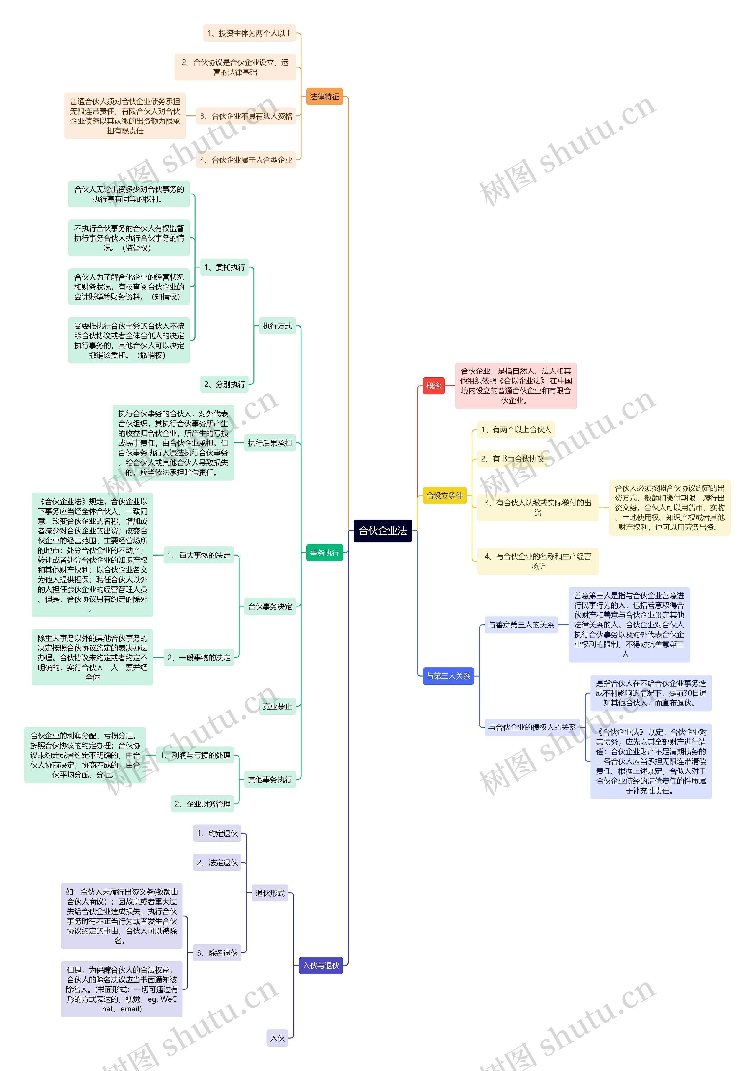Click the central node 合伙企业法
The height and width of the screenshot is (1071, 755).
(383, 531)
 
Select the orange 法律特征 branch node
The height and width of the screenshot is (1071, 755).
(324, 97)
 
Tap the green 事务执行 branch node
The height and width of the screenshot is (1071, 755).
(324, 553)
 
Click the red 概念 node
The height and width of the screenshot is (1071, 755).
(433, 385)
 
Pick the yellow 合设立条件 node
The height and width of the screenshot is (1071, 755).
(444, 495)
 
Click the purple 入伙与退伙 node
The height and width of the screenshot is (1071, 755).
(321, 966)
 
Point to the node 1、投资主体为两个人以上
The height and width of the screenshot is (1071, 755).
(250, 33)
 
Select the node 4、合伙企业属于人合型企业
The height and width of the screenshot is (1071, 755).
(246, 160)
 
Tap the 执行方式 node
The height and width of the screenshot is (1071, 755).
(277, 326)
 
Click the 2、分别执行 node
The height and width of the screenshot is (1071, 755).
(225, 384)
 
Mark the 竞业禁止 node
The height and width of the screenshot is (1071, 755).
(277, 706)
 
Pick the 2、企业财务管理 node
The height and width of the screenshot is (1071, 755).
(203, 804)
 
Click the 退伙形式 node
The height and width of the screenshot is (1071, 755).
(270, 893)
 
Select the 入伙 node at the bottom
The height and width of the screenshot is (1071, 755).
(277, 1038)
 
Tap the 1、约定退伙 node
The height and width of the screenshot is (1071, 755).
(217, 833)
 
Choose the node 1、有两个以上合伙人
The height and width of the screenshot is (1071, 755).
(516, 430)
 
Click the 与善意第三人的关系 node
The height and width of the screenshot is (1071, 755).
(521, 624)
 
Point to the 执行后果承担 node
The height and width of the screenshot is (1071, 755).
(270, 443)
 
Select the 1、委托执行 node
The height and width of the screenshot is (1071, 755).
(225, 267)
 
